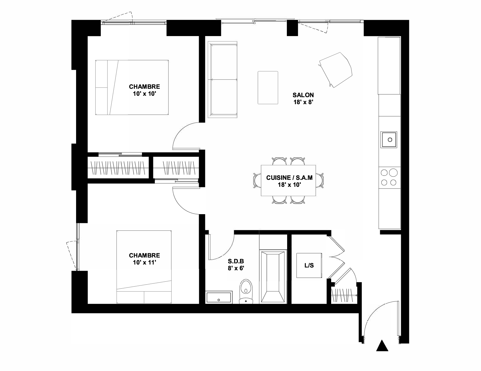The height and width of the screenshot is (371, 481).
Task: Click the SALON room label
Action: (x=303, y=95)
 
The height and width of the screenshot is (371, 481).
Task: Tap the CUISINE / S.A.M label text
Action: (x=289, y=178)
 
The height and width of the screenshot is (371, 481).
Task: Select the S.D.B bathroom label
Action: (x=236, y=261)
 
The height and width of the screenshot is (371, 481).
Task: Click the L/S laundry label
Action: (x=309, y=265)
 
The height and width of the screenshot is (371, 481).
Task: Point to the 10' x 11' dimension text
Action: (x=145, y=262)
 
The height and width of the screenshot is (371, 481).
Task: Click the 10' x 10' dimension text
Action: (x=145, y=94)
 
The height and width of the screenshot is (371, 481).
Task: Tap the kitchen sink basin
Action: (x=389, y=140)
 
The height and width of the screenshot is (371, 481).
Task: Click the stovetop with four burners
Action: (x=389, y=178)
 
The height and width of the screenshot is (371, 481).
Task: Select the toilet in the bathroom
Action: (x=246, y=291)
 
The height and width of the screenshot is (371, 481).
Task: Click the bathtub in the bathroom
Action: (x=273, y=276)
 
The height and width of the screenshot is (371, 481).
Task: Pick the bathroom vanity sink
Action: (x=219, y=297)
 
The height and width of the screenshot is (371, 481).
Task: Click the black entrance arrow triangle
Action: (x=382, y=345)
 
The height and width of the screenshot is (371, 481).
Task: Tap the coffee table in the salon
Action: (x=268, y=88)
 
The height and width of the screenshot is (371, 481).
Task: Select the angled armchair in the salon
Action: (x=335, y=70)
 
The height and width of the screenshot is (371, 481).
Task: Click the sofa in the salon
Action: (x=222, y=79)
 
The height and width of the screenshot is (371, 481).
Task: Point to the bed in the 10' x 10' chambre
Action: (x=132, y=87)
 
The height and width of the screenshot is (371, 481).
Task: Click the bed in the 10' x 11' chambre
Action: (x=144, y=267)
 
